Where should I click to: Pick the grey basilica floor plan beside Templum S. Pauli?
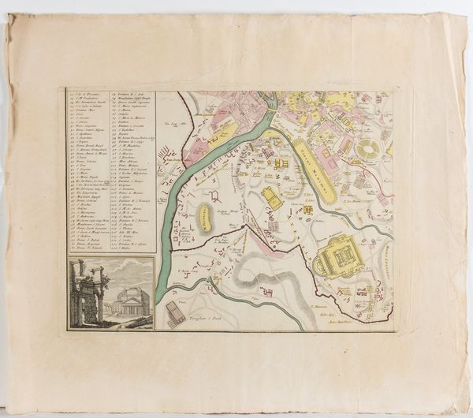click(x=175, y=313)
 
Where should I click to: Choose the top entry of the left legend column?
click(x=88, y=95)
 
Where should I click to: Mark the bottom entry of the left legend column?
click(x=88, y=248)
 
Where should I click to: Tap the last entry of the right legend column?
click(x=130, y=248)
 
